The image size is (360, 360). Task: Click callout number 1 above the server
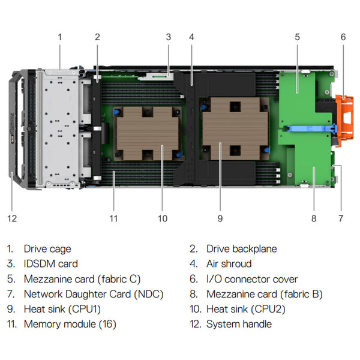coord(59,37)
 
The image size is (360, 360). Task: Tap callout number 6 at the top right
coord(343,37)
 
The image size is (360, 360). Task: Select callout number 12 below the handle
coord(13,218)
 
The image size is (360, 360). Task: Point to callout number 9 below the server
coord(220,218)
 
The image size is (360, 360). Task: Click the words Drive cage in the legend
coord(47,248)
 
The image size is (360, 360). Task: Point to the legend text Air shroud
coord(229,263)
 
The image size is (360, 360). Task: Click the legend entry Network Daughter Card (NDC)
coord(93,294)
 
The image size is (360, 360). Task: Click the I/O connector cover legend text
coord(252,279)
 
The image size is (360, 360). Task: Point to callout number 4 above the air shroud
coord(191,37)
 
